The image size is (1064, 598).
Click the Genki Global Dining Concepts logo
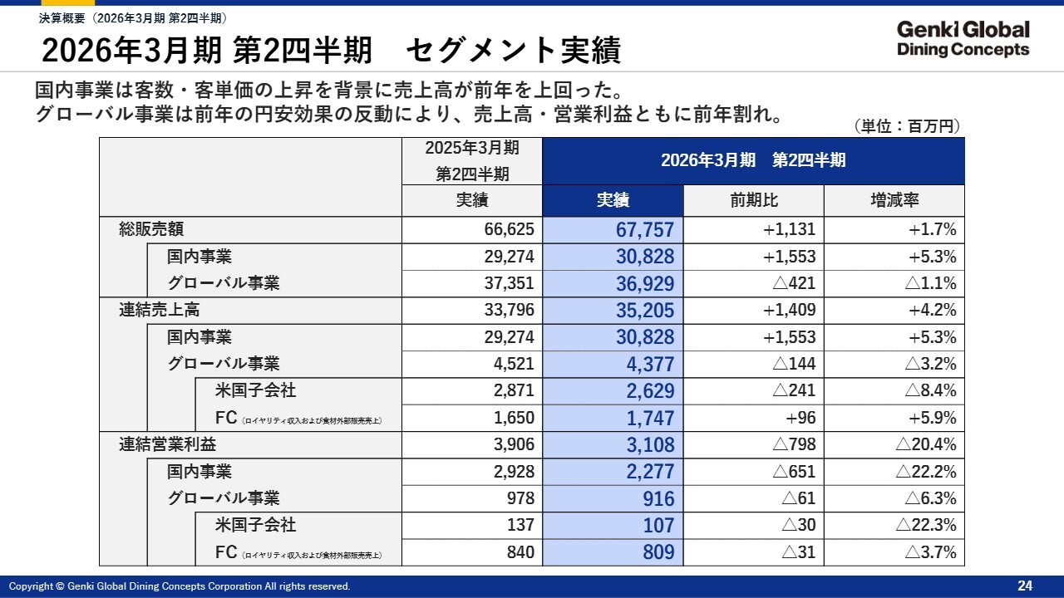pyautogui.click(x=963, y=39)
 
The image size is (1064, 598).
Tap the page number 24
pyautogui.click(x=1025, y=586)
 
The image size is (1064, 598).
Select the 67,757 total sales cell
pyautogui.click(x=645, y=230)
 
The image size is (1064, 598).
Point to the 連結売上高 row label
pyautogui.click(x=160, y=310)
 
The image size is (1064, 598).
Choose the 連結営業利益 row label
pyautogui.click(x=167, y=444)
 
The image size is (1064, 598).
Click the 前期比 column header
pyautogui.click(x=753, y=200)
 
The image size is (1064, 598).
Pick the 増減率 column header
pyautogui.click(x=894, y=200)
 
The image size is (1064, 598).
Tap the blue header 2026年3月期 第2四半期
pyautogui.click(x=753, y=160)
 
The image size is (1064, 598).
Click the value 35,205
pyautogui.click(x=645, y=311)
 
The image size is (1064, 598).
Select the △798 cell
pyautogui.click(x=794, y=444)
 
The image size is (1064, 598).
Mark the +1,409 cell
pyautogui.click(x=789, y=310)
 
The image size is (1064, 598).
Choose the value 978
pyautogui.click(x=519, y=498)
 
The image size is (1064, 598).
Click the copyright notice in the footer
pyautogui.click(x=180, y=586)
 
